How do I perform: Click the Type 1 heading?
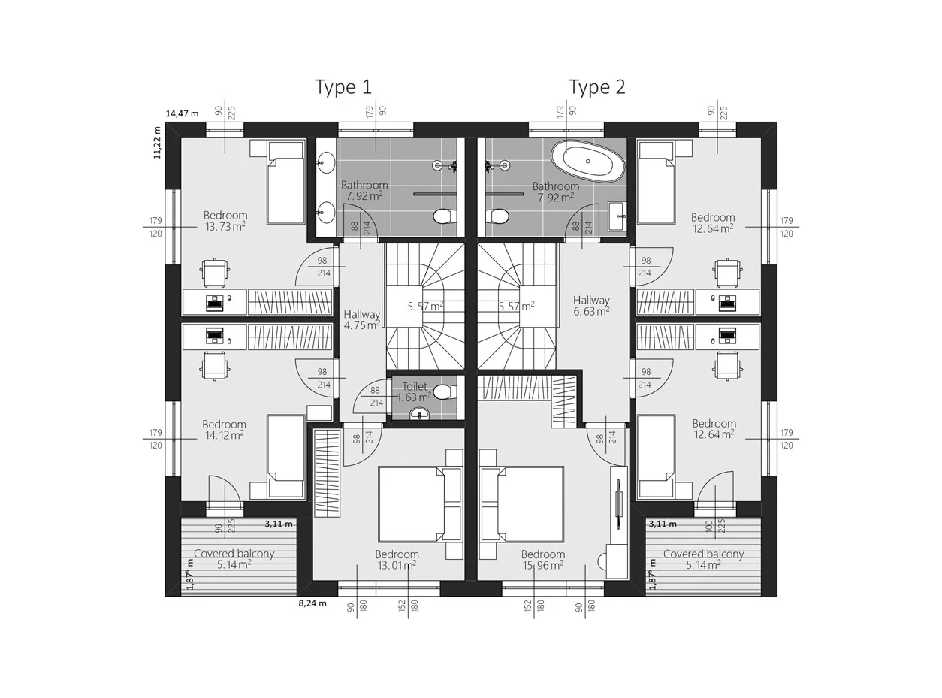click(343, 87)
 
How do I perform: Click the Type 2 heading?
click(596, 87)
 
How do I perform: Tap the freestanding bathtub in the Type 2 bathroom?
click(588, 162)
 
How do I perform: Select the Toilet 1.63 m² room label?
click(414, 391)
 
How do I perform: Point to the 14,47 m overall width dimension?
click(182, 114)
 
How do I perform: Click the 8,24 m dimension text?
click(312, 603)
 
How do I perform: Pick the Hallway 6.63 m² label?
click(591, 306)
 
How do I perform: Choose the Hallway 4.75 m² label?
click(362, 320)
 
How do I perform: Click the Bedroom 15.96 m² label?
click(543, 560)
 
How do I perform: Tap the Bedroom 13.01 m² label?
click(397, 560)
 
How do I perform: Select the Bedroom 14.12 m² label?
click(224, 430)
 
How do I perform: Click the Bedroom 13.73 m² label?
click(225, 221)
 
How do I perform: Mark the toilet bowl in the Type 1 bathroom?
click(443, 216)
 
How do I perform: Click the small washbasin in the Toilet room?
click(420, 413)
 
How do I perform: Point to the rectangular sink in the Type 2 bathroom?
click(617, 216)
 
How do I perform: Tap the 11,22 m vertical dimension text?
click(157, 143)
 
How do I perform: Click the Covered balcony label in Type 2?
click(703, 560)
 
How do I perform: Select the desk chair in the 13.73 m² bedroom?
click(216, 272)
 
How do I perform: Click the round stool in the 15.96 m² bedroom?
click(602, 561)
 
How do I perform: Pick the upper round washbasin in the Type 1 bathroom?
click(325, 162)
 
